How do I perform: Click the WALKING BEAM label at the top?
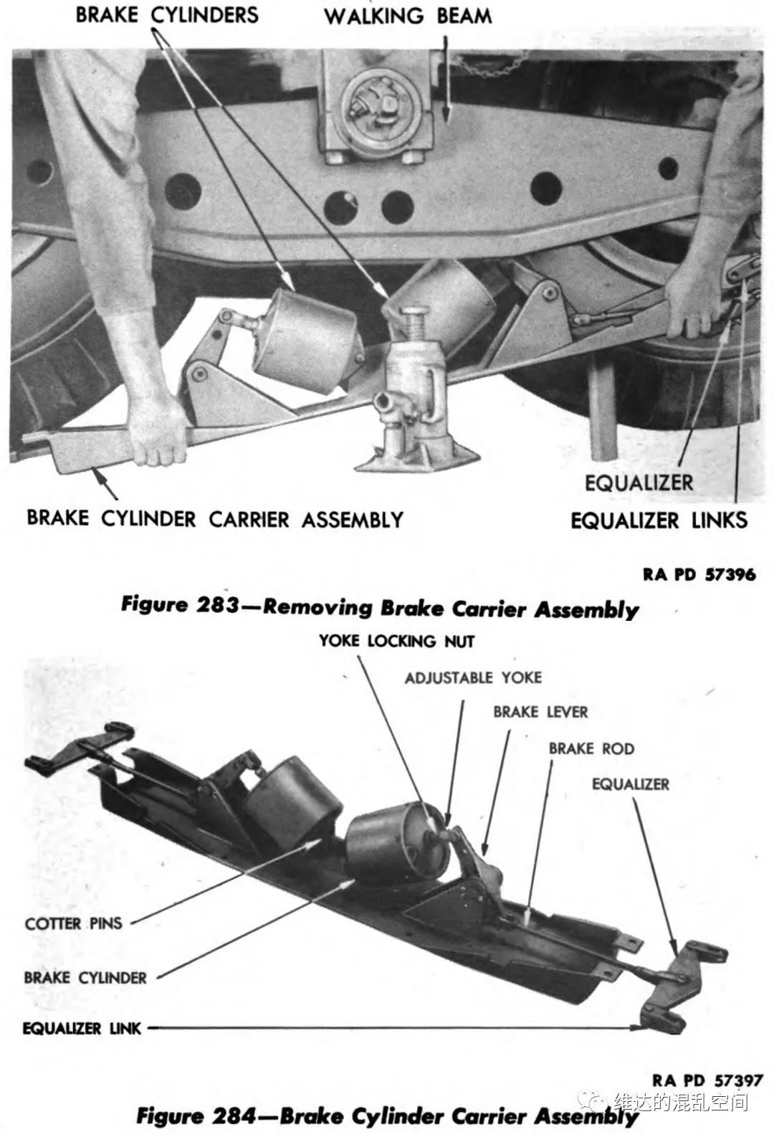pyautogui.click(x=408, y=16)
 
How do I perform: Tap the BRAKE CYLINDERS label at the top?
pyautogui.click(x=167, y=14)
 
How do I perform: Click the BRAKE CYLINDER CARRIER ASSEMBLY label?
pyautogui.click(x=215, y=518)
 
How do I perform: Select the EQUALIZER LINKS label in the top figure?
pyautogui.click(x=659, y=520)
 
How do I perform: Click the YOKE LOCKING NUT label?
pyautogui.click(x=396, y=640)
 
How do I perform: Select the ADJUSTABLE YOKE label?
pyautogui.click(x=473, y=677)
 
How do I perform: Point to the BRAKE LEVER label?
pyautogui.click(x=540, y=712)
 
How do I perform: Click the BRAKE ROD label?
pyautogui.click(x=591, y=748)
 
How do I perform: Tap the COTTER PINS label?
pyautogui.click(x=74, y=923)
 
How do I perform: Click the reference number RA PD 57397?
pyautogui.click(x=707, y=1080)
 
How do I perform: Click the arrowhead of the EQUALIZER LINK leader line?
pyautogui.click(x=640, y=1027)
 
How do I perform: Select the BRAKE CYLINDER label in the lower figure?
pyautogui.click(x=85, y=977)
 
